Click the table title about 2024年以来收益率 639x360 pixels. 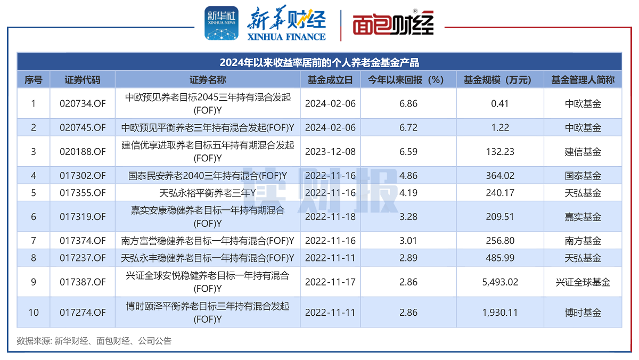click(x=319, y=63)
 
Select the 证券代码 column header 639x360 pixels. click(x=83, y=80)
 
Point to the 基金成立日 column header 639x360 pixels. click(x=330, y=80)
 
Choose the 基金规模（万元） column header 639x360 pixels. click(x=500, y=80)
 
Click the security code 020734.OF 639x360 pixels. click(x=83, y=103)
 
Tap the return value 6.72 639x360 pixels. click(x=408, y=128)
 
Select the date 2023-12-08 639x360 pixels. click(x=330, y=152)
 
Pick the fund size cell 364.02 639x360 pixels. click(x=500, y=176)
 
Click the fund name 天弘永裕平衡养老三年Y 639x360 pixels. click(x=208, y=193)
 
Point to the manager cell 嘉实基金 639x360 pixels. click(x=583, y=217)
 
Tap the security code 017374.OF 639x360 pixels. click(x=83, y=241)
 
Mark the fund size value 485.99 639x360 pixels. click(x=500, y=258)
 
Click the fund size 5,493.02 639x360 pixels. click(x=500, y=282)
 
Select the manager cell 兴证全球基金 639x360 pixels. click(x=583, y=282)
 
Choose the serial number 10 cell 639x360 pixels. click(x=34, y=313)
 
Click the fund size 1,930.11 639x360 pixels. click(x=500, y=313)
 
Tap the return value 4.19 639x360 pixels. click(x=408, y=193)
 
